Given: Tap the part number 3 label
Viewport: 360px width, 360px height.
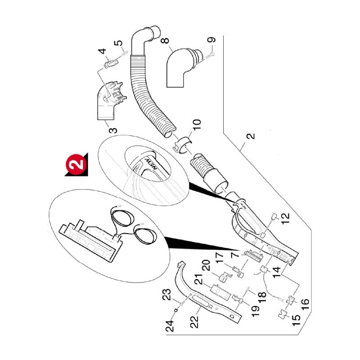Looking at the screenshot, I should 114,130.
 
